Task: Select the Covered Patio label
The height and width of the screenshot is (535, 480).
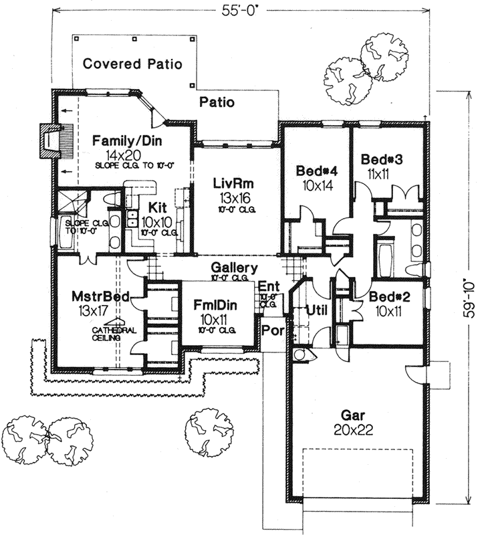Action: coord(133,64)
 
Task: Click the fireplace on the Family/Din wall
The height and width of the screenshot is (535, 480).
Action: coord(47,141)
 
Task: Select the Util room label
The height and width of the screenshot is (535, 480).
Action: coord(314,310)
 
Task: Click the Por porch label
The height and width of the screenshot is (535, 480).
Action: coord(271,330)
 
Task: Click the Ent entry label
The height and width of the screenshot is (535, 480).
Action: coord(267,286)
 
